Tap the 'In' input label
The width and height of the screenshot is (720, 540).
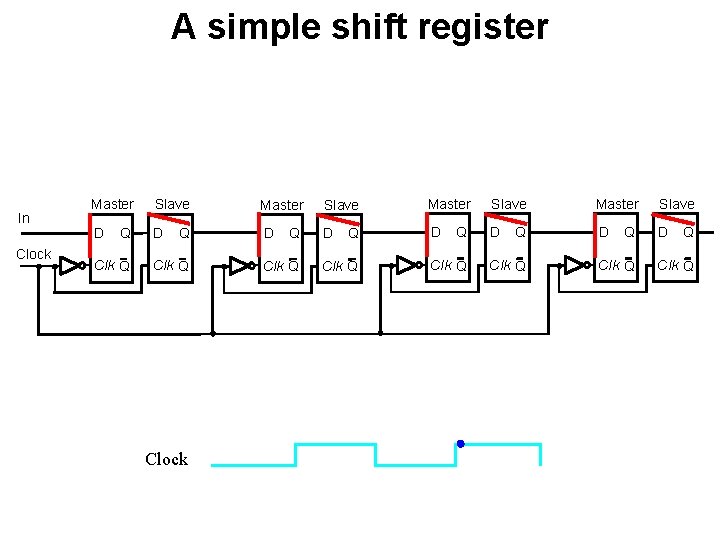(x=24, y=218)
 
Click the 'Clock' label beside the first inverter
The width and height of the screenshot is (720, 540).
(x=33, y=254)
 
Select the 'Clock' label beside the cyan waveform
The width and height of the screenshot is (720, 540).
(x=166, y=459)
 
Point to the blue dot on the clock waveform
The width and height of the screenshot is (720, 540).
(x=460, y=443)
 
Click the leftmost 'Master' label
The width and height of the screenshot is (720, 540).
(x=112, y=204)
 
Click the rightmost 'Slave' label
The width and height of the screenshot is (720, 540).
(x=677, y=204)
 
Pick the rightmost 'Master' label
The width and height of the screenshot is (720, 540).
(x=617, y=204)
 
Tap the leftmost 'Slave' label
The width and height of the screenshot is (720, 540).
(x=172, y=204)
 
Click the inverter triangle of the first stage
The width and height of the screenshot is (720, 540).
(x=69, y=265)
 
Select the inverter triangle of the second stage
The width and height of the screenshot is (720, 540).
(x=238, y=265)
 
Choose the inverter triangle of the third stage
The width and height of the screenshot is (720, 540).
(x=405, y=265)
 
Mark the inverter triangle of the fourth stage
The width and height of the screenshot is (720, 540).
(x=573, y=265)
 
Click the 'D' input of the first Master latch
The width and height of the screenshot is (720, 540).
(x=98, y=233)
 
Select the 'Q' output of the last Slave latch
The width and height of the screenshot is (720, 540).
(x=689, y=233)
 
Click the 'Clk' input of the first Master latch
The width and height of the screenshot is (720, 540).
(x=103, y=265)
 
